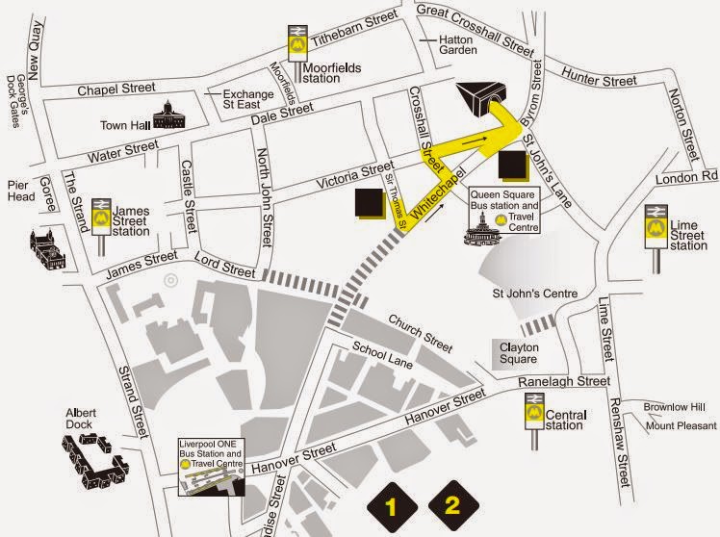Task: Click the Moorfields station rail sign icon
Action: click(298, 43)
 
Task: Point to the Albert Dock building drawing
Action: click(96, 457)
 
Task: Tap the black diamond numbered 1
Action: click(391, 503)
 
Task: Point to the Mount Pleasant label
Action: click(681, 425)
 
